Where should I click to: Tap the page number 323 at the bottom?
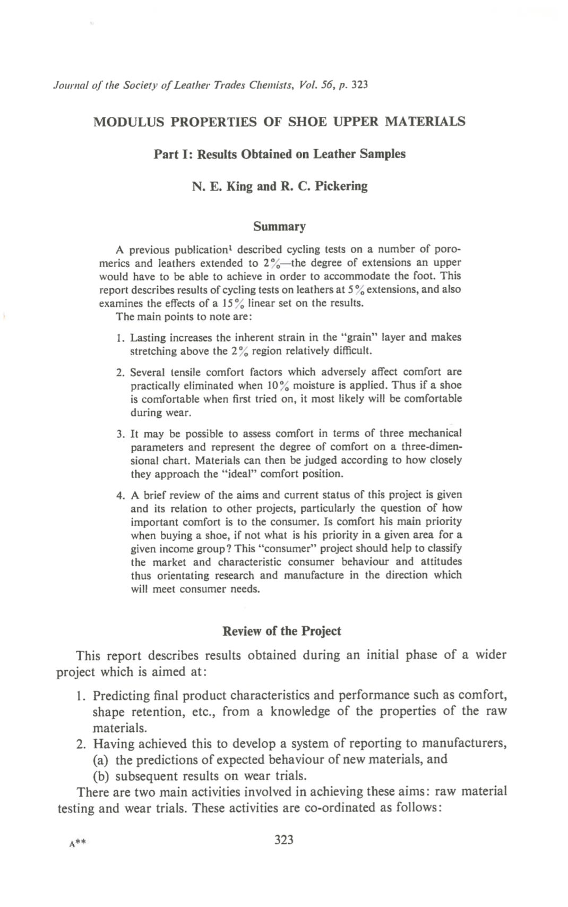click(284, 840)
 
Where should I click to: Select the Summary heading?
click(279, 227)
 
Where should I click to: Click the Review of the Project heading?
click(281, 631)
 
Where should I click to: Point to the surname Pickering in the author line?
click(341, 186)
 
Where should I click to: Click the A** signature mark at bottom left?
click(78, 842)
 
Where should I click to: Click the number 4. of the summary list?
click(121, 495)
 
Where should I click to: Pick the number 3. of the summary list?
click(121, 434)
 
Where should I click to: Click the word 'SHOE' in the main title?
click(307, 122)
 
